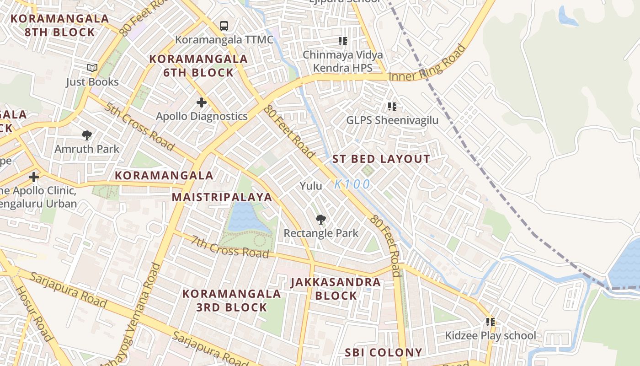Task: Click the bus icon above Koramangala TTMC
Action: (x=224, y=26)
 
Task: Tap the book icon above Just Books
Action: (x=92, y=68)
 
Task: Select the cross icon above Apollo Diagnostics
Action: (x=201, y=102)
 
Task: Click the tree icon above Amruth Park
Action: (x=87, y=135)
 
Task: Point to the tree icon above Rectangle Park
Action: (x=321, y=220)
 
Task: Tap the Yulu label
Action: (x=311, y=186)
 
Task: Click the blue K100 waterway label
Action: (x=352, y=184)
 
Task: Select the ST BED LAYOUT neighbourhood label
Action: (x=381, y=159)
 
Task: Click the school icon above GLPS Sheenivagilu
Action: (x=392, y=107)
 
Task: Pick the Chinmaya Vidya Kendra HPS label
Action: (x=343, y=61)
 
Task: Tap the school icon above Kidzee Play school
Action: (x=491, y=322)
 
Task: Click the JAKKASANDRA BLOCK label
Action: (x=336, y=289)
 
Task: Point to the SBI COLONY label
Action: (x=384, y=352)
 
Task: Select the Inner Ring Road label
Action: (x=427, y=64)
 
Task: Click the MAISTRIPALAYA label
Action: (x=222, y=197)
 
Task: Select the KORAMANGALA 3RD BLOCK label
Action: (x=231, y=300)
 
